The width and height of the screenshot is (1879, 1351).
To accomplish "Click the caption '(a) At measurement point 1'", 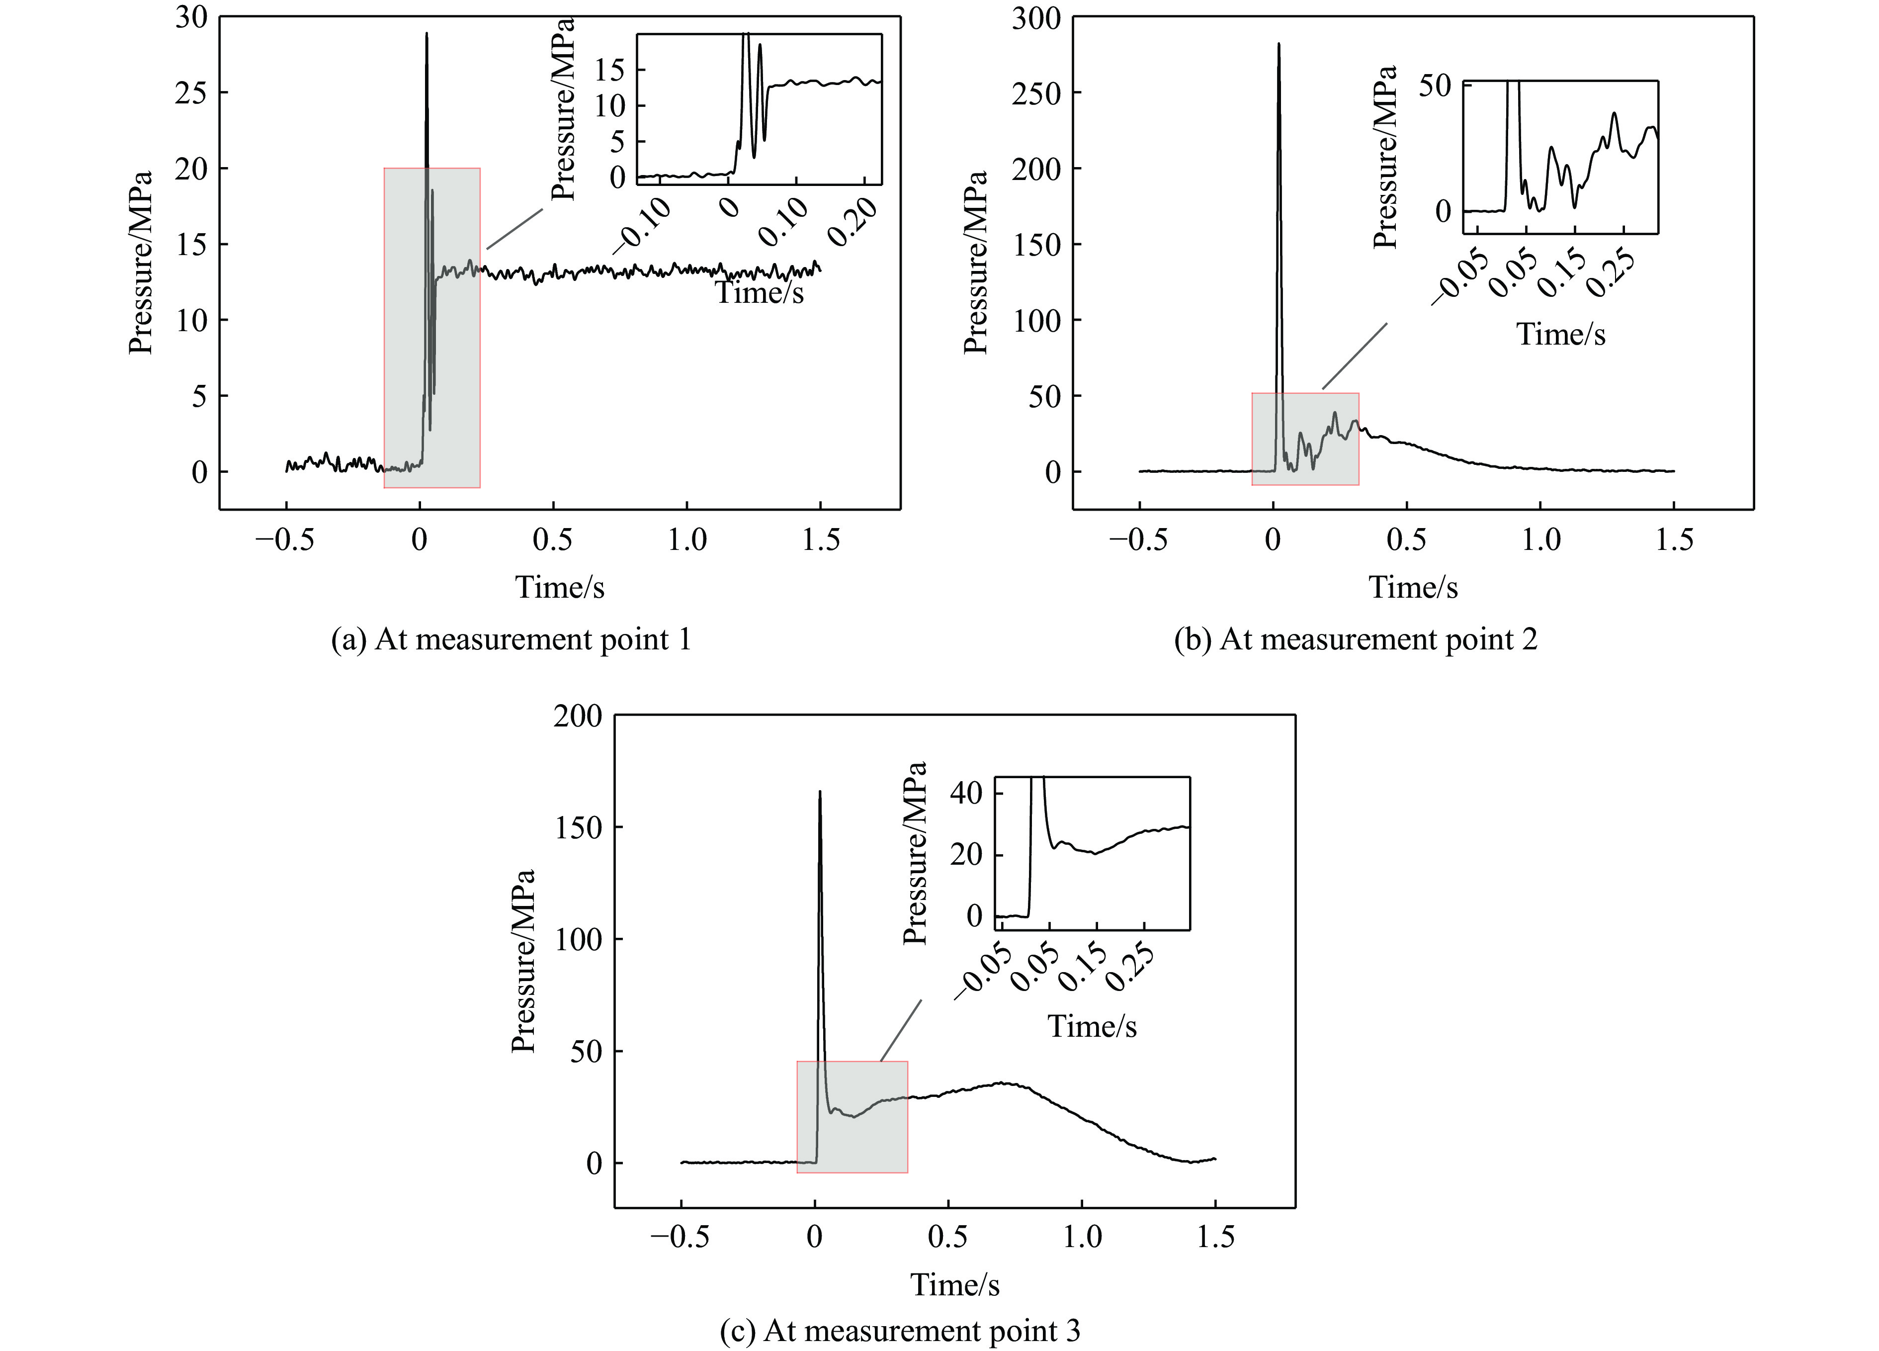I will click(x=511, y=640).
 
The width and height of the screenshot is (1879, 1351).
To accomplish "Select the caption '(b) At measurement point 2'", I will click(x=1356, y=640).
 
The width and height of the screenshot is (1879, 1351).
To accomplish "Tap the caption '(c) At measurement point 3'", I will click(x=900, y=1331).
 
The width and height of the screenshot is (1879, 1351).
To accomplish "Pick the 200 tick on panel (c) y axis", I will click(x=578, y=716).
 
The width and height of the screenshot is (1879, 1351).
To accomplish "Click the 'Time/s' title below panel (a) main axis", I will click(x=560, y=587).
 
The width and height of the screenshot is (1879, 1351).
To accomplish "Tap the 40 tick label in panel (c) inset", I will click(x=966, y=793).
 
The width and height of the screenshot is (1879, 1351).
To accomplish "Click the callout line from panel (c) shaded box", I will click(x=901, y=1030).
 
